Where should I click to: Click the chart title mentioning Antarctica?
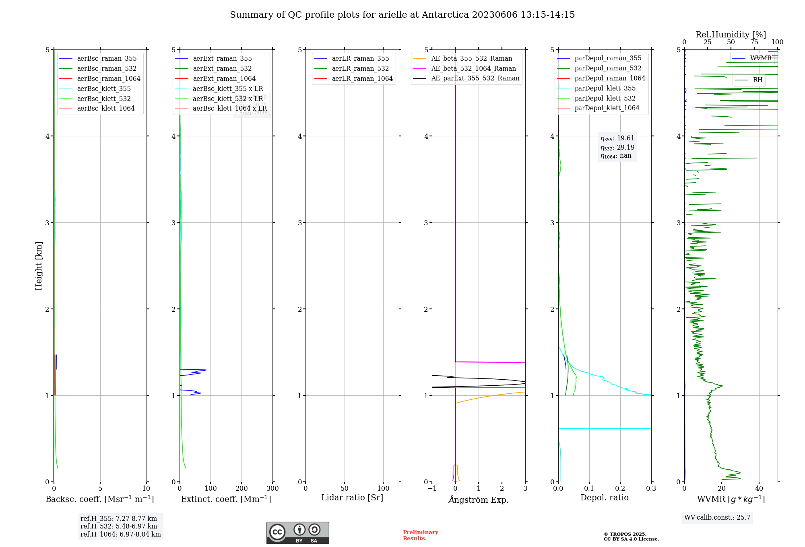pyautogui.click(x=402, y=15)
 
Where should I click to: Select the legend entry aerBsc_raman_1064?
pyautogui.click(x=108, y=78)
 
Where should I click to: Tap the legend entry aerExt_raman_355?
pyautogui.click(x=222, y=58)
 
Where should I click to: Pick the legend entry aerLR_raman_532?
pyautogui.click(x=360, y=68)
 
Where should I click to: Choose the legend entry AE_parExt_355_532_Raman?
pyautogui.click(x=475, y=78)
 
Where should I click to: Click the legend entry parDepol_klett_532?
pyautogui.click(x=605, y=98)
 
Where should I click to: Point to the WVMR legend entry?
pyautogui.click(x=760, y=58)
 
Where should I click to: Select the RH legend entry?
pyautogui.click(x=757, y=80)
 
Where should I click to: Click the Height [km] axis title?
pyautogui.click(x=39, y=265)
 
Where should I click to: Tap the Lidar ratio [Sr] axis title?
pyautogui.click(x=352, y=498)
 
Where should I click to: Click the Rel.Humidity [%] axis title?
pyautogui.click(x=731, y=35)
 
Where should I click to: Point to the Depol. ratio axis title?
pyautogui.click(x=604, y=498)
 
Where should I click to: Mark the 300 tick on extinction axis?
pyautogui.click(x=273, y=489)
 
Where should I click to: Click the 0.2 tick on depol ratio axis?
pyautogui.click(x=620, y=489)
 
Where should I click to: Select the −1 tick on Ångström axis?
pyautogui.click(x=432, y=489)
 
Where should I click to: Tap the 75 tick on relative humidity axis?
pyautogui.click(x=754, y=42)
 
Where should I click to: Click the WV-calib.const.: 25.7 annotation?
pyautogui.click(x=717, y=517)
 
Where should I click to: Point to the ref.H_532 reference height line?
pyautogui.click(x=119, y=526)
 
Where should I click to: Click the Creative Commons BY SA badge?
pyautogui.click(x=297, y=533)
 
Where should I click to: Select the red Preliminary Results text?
pyautogui.click(x=420, y=535)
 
